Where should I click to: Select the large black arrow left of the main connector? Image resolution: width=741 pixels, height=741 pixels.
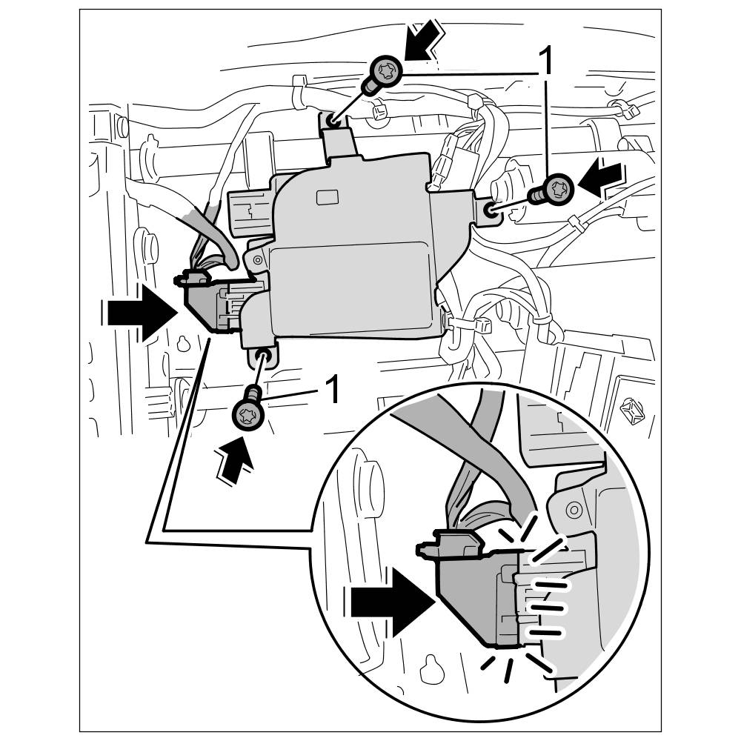(140, 314)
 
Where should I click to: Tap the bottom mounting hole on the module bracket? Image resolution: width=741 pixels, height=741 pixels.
(262, 358)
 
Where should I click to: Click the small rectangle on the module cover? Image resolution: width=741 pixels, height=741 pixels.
(327, 197)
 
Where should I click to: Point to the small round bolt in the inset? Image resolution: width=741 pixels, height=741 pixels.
(572, 510)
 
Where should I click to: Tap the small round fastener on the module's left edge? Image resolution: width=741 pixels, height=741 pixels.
(256, 259)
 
